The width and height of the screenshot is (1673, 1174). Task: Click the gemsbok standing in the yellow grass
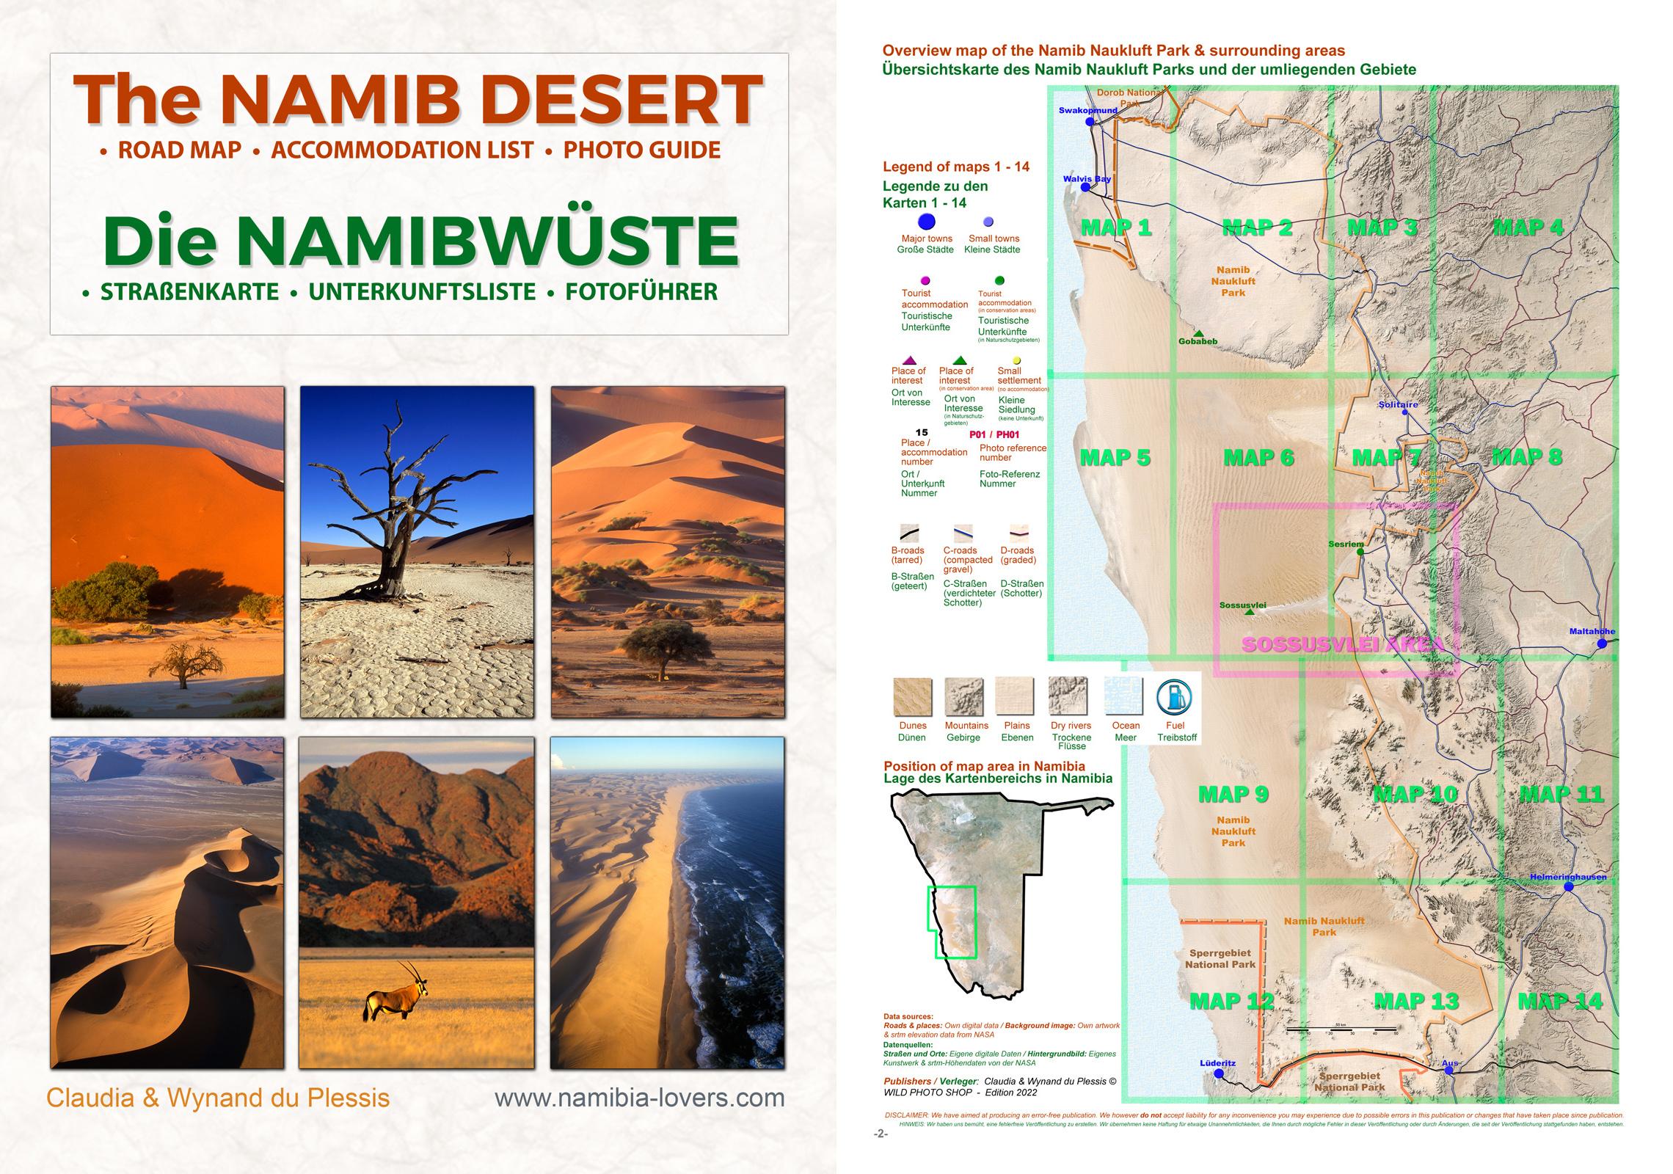(396, 994)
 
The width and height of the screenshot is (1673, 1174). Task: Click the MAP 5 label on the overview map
(1115, 458)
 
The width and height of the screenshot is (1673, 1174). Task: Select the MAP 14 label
(1560, 1002)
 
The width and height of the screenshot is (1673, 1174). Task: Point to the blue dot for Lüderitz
(1219, 1073)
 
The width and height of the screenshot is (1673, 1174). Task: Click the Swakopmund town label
(1087, 111)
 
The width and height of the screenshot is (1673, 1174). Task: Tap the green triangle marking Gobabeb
(1198, 333)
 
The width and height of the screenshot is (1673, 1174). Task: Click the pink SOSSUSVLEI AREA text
(1342, 645)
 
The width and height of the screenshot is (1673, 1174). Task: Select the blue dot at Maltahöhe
(1602, 643)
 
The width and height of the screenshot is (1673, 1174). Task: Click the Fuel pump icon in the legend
(1174, 697)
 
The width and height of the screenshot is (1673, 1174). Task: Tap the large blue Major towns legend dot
(927, 222)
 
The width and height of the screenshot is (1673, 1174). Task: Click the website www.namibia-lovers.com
(639, 1098)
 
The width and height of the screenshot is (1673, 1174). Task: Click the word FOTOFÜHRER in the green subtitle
(641, 292)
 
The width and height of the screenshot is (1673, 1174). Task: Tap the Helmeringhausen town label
(1567, 877)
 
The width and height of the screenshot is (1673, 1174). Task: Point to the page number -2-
(881, 1134)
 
